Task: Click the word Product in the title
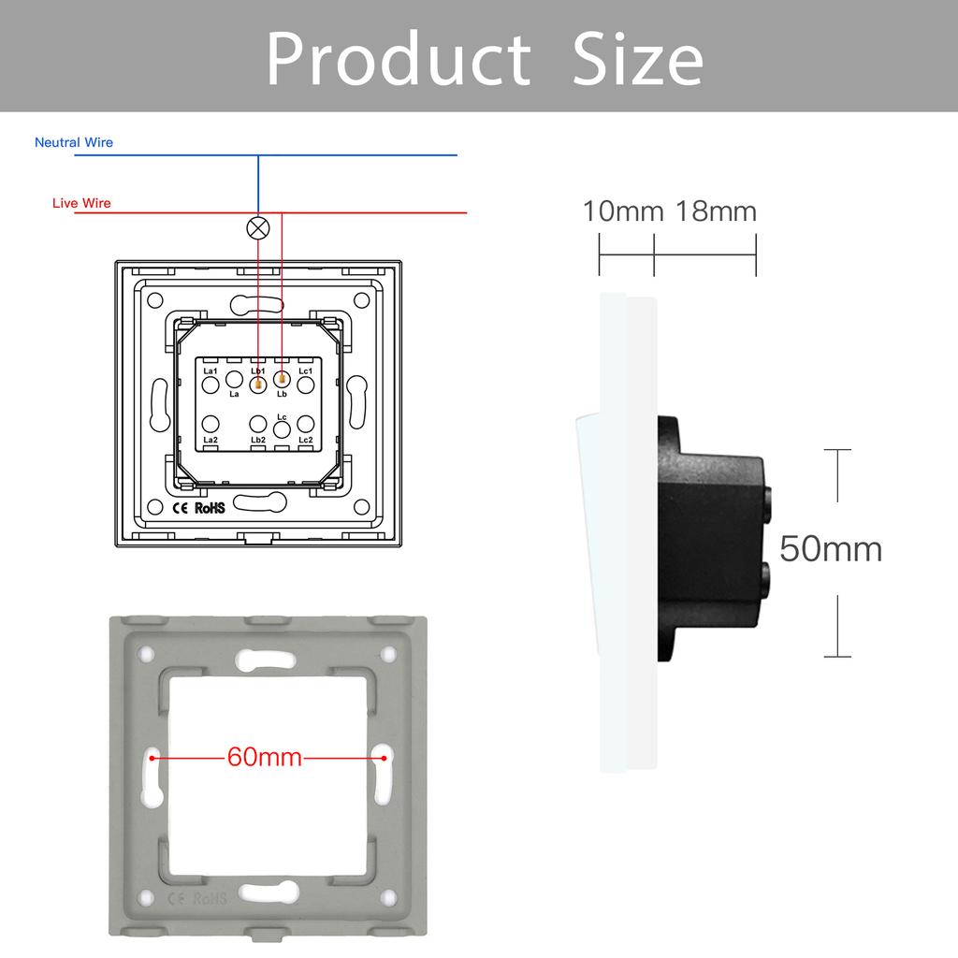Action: click(399, 58)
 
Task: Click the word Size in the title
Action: click(635, 58)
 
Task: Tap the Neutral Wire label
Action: click(74, 142)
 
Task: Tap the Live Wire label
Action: click(81, 203)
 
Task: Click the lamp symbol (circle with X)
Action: click(256, 227)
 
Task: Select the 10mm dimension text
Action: click(622, 211)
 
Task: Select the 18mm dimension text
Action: click(716, 211)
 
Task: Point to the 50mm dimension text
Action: click(831, 548)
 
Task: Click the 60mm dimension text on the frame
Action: click(265, 756)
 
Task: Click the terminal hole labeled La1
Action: click(210, 383)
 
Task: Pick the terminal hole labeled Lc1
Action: click(305, 383)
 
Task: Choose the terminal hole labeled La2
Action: click(210, 423)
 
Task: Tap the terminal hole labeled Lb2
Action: click(258, 423)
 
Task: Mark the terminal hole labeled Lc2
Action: click(305, 423)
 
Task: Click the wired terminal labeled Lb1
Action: click(258, 382)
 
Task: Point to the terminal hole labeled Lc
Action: click(282, 430)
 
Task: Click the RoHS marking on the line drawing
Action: click(210, 508)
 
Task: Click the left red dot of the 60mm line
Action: click(152, 756)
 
